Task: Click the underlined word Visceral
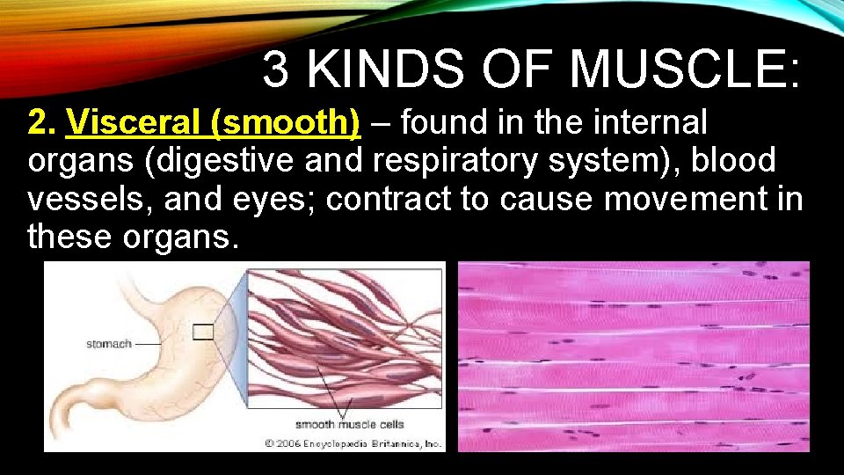coord(136,123)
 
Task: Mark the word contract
coord(396,199)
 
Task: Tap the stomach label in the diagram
coord(108,344)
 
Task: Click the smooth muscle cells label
coord(349,424)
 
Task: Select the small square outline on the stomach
coord(203,332)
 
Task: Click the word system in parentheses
coord(613,161)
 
